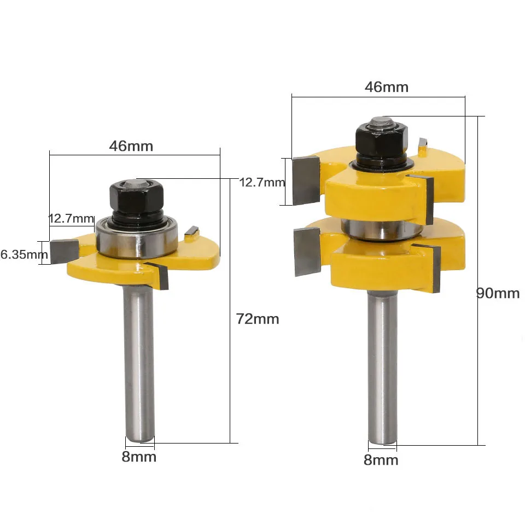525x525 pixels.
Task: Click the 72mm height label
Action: [258, 319]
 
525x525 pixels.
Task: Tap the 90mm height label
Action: [498, 293]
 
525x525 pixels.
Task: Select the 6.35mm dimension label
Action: [24, 254]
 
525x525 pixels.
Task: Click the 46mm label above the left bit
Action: [131, 146]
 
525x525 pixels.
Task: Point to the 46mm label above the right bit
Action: [387, 87]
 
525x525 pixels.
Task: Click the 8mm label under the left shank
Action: [139, 457]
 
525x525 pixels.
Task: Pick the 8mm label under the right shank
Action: [381, 460]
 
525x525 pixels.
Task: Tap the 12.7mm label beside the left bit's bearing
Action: [71, 219]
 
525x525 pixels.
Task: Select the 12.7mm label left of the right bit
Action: [262, 183]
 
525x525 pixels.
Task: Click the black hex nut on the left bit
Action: [137, 197]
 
